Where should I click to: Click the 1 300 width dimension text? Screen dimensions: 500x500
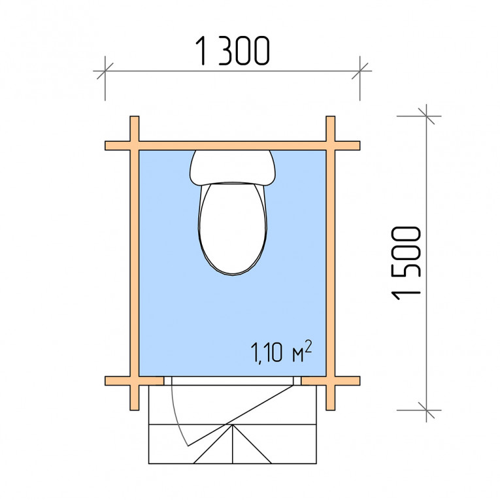click(233, 51)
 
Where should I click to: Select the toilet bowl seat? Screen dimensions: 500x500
click(233, 228)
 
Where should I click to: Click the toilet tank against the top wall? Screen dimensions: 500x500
click(233, 168)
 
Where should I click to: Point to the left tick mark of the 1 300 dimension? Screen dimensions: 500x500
click(105, 71)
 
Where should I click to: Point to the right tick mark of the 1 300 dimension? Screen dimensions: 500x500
click(360, 71)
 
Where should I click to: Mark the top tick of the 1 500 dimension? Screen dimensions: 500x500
click(426, 116)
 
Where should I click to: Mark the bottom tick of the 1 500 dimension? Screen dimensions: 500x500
click(426, 410)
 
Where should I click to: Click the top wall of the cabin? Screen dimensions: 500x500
click(233, 146)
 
